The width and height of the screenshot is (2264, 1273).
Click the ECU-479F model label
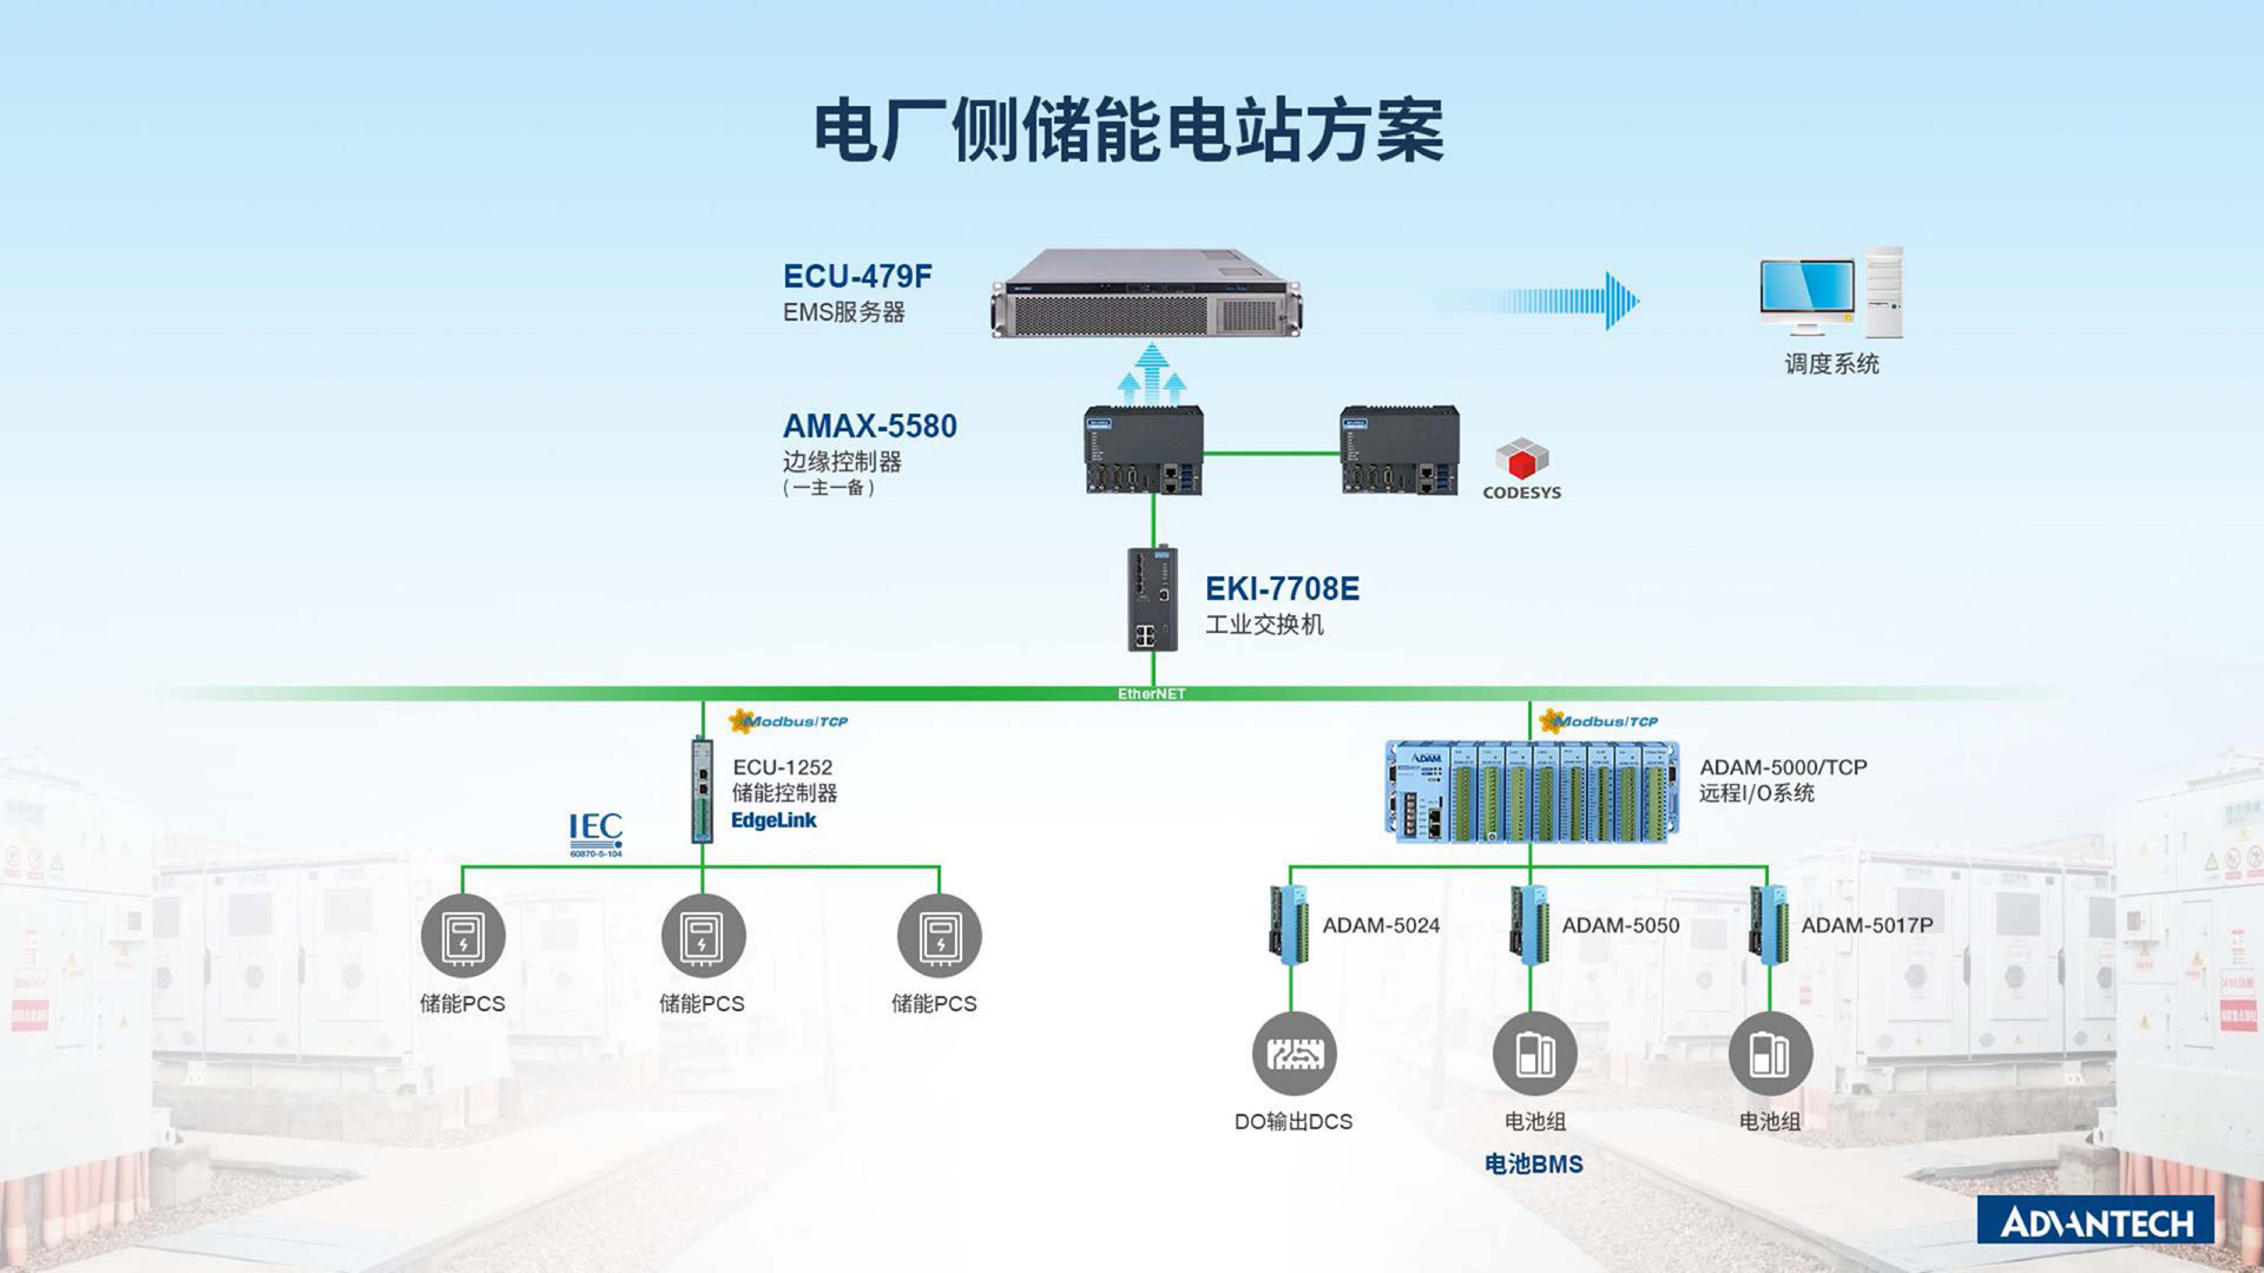pyautogui.click(x=857, y=277)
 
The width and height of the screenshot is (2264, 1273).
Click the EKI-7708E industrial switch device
pyautogui.click(x=1152, y=599)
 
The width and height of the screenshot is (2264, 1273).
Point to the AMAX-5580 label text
pyautogui.click(x=869, y=426)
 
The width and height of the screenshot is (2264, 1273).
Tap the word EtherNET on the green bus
pyautogui.click(x=1151, y=694)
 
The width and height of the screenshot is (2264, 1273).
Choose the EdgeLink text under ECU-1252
pyautogui.click(x=773, y=820)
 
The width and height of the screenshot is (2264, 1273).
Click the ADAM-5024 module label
pyautogui.click(x=1381, y=925)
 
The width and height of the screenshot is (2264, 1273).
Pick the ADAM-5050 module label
pyautogui.click(x=1620, y=925)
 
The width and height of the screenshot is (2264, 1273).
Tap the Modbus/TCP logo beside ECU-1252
pyautogui.click(x=788, y=721)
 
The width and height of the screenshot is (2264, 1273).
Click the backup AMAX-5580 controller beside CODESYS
pyautogui.click(x=1399, y=450)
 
